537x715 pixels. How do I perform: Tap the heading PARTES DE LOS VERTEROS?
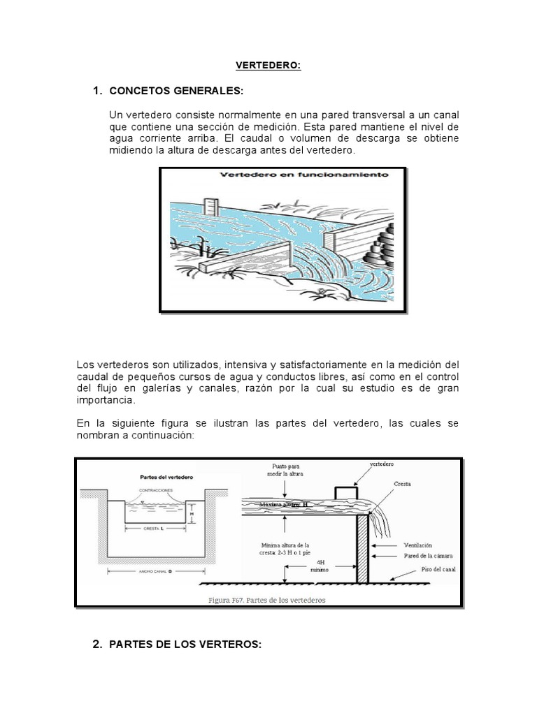(x=185, y=645)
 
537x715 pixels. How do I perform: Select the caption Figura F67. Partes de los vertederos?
(x=267, y=599)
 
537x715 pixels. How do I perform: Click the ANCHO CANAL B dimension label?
(x=157, y=571)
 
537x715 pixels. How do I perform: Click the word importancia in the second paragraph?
(x=107, y=401)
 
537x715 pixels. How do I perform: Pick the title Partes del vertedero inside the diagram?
(x=162, y=477)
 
